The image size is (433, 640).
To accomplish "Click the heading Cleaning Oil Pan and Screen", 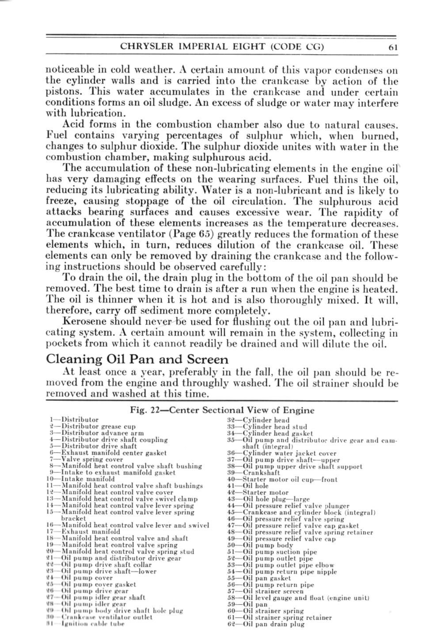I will (137, 359).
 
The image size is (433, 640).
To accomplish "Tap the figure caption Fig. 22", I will (222, 410).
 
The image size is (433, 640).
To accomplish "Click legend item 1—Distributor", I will (75, 420).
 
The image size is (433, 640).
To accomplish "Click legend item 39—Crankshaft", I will (254, 473).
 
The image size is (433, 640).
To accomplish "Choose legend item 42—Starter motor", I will (258, 492).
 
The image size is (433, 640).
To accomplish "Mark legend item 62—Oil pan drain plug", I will (266, 624).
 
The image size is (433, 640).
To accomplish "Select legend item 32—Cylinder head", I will (258, 420).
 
